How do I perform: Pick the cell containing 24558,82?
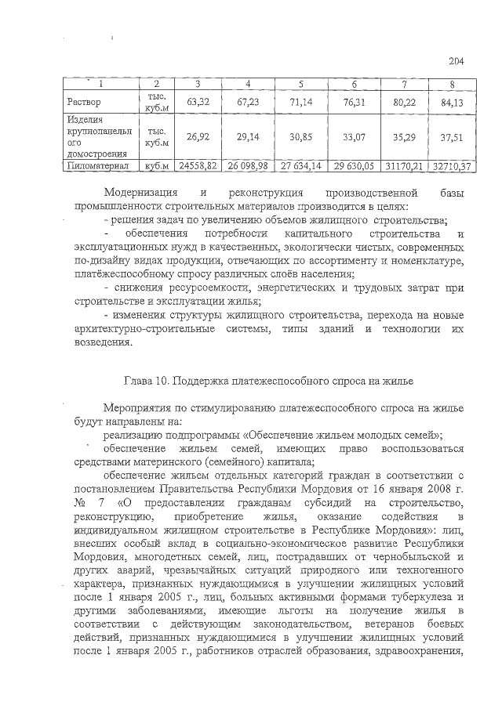click(197, 167)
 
